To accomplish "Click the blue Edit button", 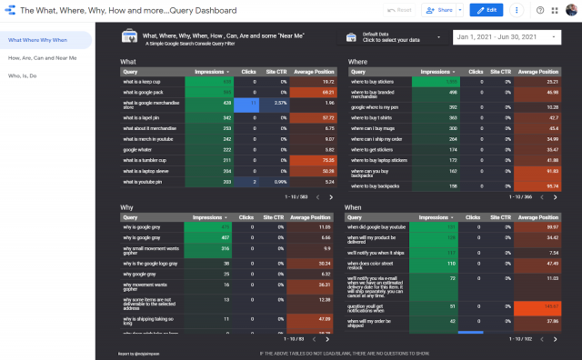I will (487, 10).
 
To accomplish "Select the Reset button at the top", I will (400, 10).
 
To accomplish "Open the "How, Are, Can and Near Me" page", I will (43, 57).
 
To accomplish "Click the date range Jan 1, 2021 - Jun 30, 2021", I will (503, 37).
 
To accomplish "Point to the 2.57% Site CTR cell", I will (276, 104).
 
